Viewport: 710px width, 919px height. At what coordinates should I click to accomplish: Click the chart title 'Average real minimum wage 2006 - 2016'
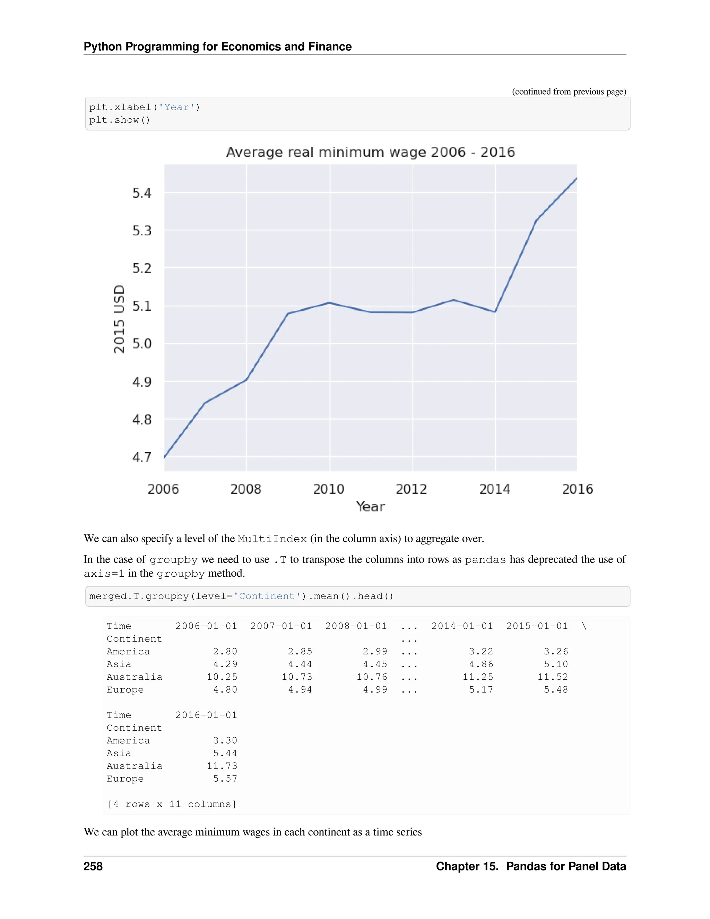pos(370,152)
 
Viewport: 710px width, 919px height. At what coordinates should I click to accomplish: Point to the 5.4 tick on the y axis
pos(142,193)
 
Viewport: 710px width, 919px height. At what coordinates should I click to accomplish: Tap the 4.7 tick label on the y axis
pos(142,457)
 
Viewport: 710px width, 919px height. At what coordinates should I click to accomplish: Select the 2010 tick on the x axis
pos(329,489)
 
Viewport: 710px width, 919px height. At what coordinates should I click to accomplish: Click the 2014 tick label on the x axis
pos(495,489)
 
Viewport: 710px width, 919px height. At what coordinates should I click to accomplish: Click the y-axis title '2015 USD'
pos(120,319)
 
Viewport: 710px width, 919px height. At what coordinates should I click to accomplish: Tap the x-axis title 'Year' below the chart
pos(370,507)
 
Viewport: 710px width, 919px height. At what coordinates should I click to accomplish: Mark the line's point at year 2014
pos(495,312)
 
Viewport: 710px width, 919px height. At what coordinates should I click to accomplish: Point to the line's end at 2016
pos(576,178)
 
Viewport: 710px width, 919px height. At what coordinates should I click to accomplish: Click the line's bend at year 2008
pos(246,379)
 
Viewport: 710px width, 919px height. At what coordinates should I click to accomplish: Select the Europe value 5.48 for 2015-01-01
pos(556,690)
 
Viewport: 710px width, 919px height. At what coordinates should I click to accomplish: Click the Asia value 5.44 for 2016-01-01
pos(225,753)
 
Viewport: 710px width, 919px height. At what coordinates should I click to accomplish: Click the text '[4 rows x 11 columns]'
pos(172,804)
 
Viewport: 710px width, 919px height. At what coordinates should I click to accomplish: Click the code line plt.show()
pos(120,120)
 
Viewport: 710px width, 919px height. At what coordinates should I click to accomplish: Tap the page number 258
pos(93,866)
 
